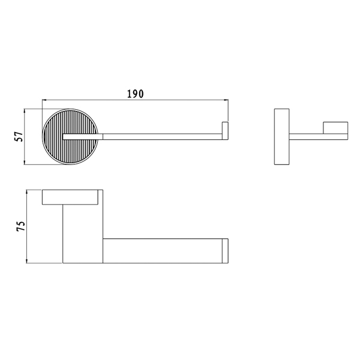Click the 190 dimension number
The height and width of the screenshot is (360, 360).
click(136, 94)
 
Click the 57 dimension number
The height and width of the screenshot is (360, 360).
click(19, 136)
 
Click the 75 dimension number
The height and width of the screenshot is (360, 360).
click(20, 226)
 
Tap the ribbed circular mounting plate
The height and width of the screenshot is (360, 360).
click(70, 137)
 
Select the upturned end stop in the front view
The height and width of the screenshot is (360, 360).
click(225, 131)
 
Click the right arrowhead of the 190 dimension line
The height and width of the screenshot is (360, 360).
click(226, 100)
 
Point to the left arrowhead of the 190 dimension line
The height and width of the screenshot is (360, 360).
click(44, 100)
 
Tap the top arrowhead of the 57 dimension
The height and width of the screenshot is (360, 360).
click(25, 112)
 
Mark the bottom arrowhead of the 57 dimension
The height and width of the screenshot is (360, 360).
click(25, 162)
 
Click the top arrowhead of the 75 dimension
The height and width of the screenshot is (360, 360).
click(27, 193)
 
